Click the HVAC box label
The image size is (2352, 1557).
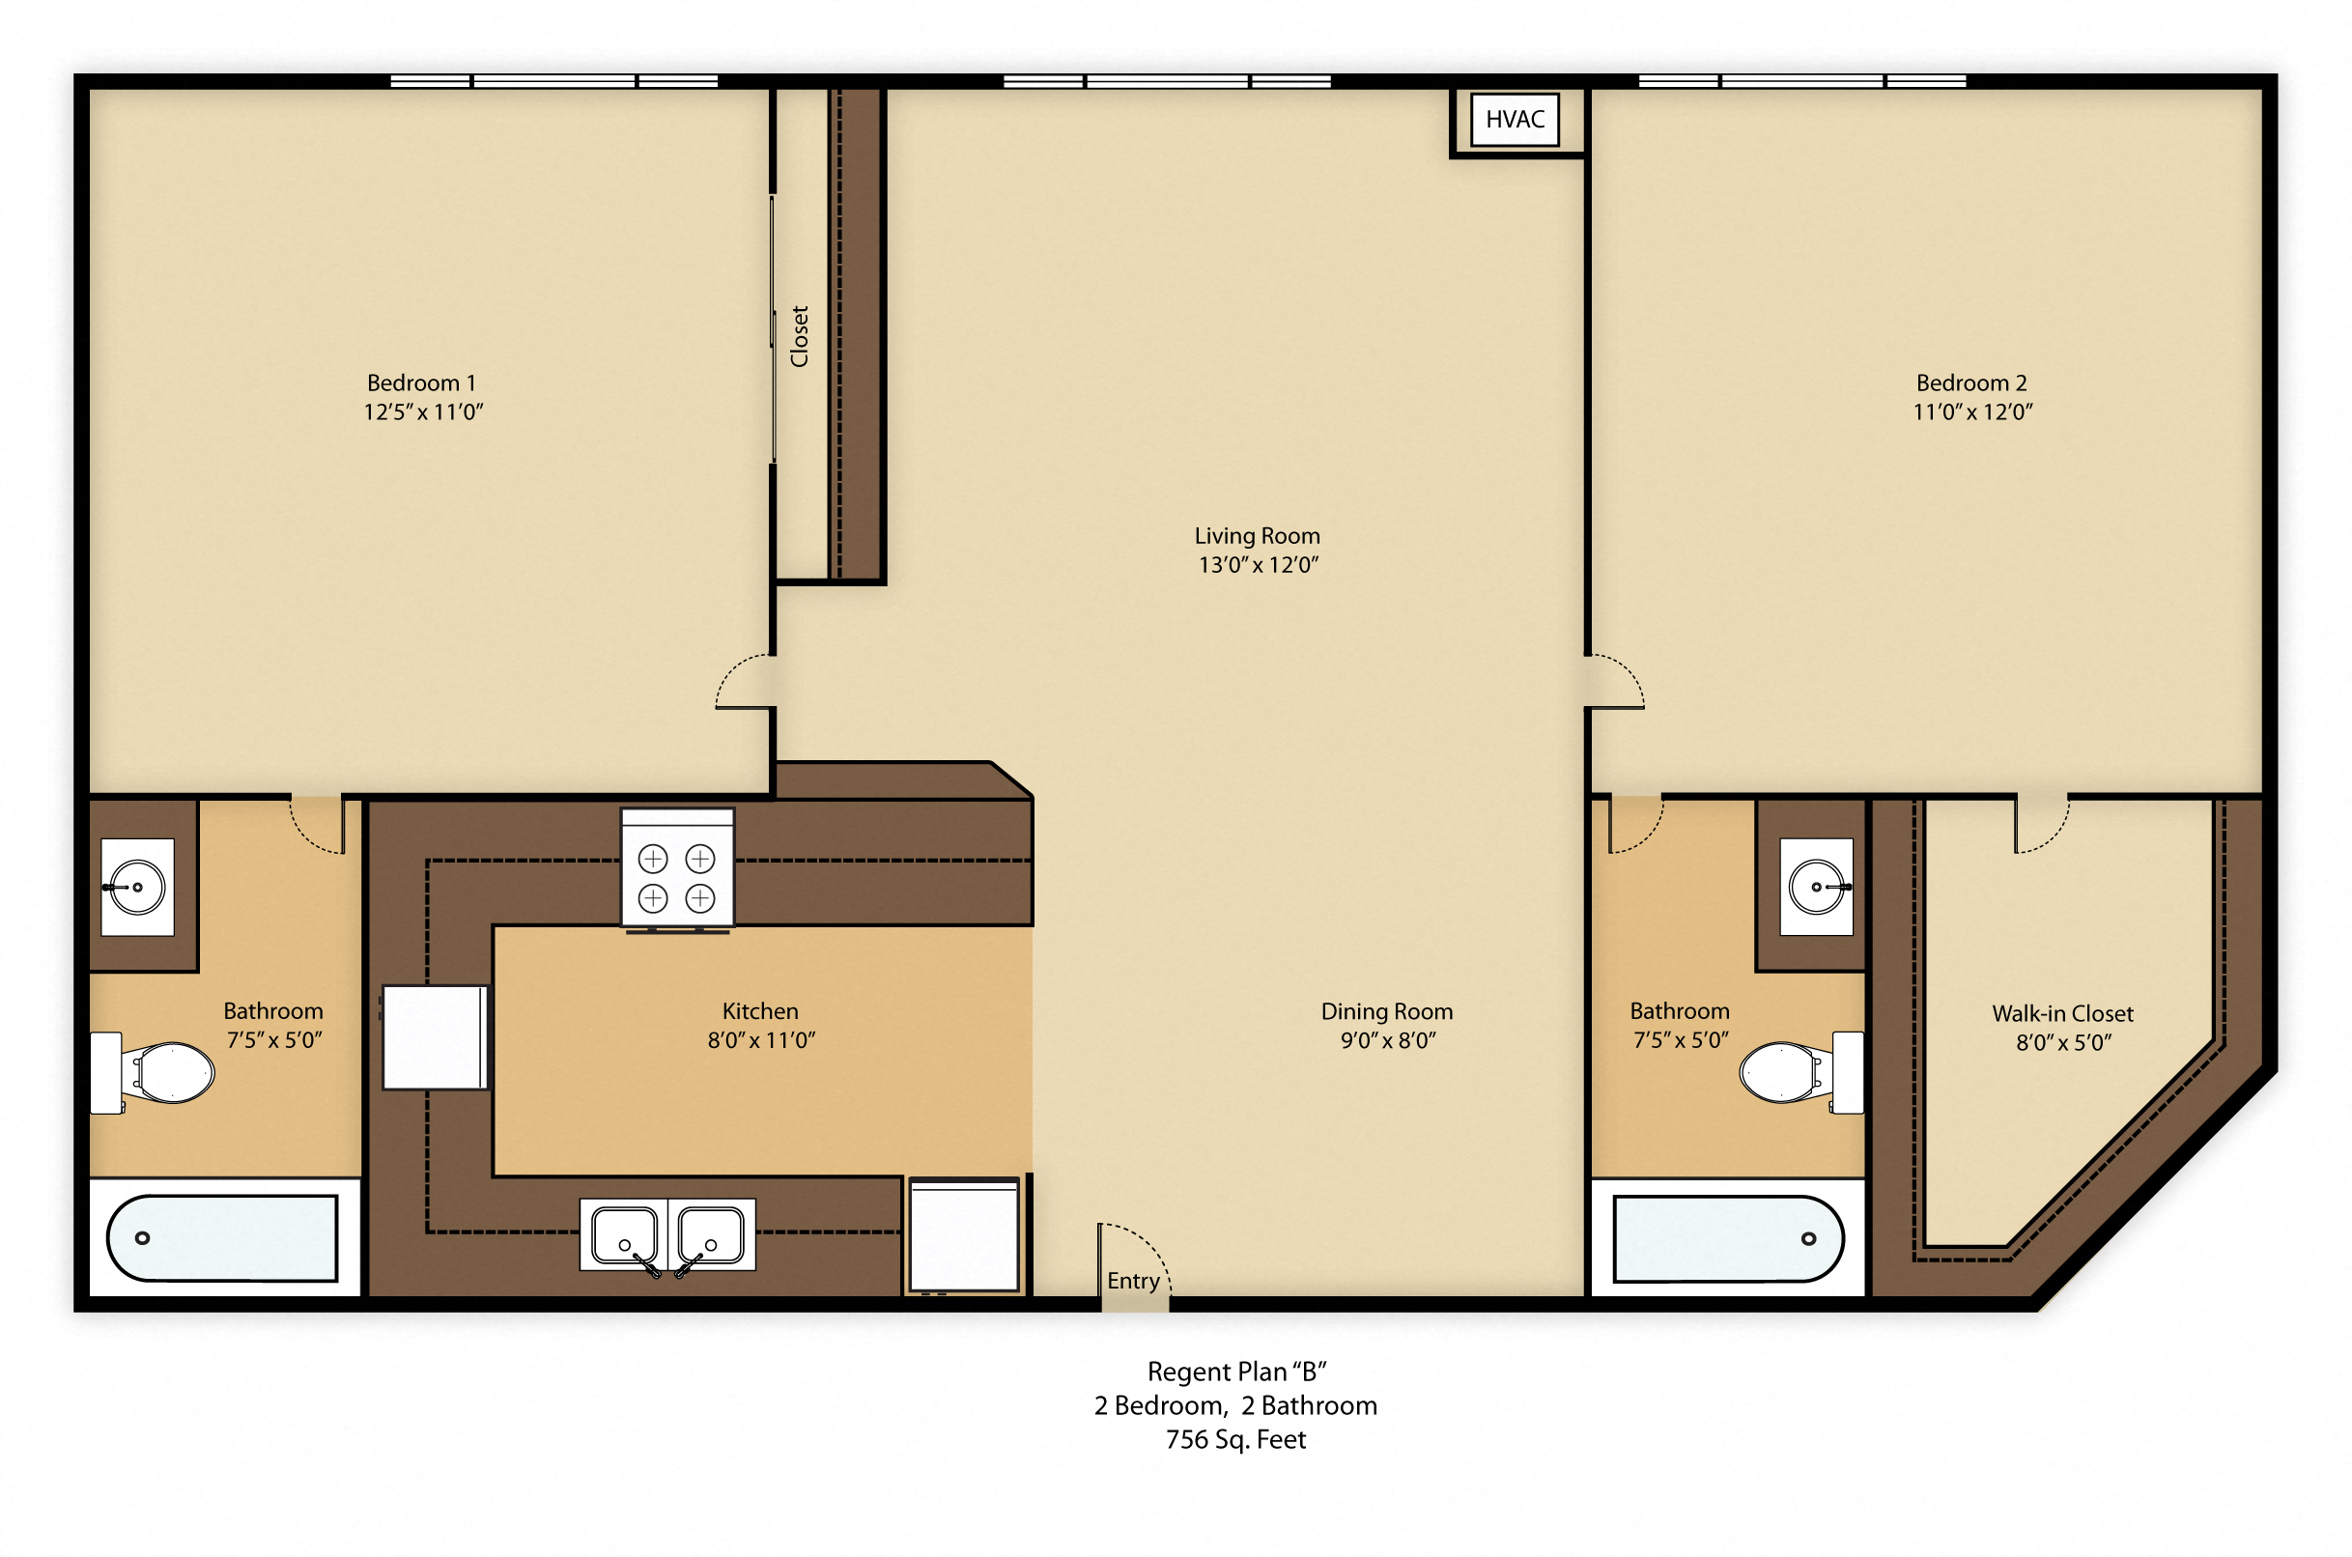coord(1514,119)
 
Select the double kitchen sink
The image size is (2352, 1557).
coord(667,1234)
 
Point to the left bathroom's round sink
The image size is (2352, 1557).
coord(137,887)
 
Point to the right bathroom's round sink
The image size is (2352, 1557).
coord(1816,887)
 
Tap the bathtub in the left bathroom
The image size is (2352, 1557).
coord(222,1238)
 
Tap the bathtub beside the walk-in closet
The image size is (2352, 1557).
coord(1727,1238)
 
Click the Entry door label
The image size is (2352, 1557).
coord(1133,1281)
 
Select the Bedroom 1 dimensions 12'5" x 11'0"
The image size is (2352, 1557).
coord(423,412)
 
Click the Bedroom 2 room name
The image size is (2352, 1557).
coord(1970,383)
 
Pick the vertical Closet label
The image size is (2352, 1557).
coord(799,337)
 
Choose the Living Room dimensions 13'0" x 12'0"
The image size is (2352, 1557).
coord(1258,565)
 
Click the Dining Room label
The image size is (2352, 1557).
coord(1386,1011)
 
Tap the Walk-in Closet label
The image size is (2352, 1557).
coord(2062,1013)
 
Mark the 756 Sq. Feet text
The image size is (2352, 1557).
coord(1235,1439)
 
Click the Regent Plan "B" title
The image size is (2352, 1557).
coord(1236,1372)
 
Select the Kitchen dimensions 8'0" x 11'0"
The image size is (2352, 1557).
coord(760,1039)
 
